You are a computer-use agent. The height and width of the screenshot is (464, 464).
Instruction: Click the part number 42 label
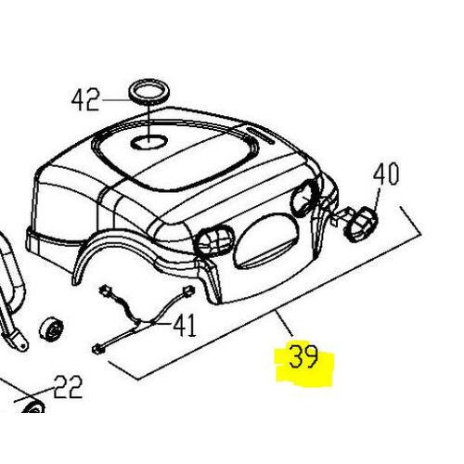tap(85, 99)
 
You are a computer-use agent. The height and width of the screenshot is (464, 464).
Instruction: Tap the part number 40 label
tap(386, 174)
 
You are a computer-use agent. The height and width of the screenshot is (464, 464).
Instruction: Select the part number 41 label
tap(185, 325)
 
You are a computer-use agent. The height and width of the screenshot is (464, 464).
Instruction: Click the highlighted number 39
tap(303, 356)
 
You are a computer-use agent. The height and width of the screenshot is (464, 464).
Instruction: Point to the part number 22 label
tap(68, 387)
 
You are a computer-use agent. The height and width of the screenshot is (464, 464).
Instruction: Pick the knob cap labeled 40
tap(361, 224)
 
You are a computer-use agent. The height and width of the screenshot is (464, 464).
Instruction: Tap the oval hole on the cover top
tap(148, 142)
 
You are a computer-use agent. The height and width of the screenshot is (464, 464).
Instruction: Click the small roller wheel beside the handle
tap(51, 329)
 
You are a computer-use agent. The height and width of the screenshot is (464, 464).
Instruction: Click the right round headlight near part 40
tap(304, 198)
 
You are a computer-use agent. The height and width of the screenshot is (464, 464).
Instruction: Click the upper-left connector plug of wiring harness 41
tap(104, 290)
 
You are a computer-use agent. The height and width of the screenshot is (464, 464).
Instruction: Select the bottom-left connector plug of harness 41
tap(97, 350)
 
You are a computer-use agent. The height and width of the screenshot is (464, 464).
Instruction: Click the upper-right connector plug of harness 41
tap(188, 290)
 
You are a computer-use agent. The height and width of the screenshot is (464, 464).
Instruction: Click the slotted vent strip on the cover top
tap(261, 135)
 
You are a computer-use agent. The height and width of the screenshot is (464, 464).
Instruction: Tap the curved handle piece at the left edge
tap(12, 295)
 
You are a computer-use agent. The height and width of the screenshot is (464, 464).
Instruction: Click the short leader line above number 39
tap(285, 324)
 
